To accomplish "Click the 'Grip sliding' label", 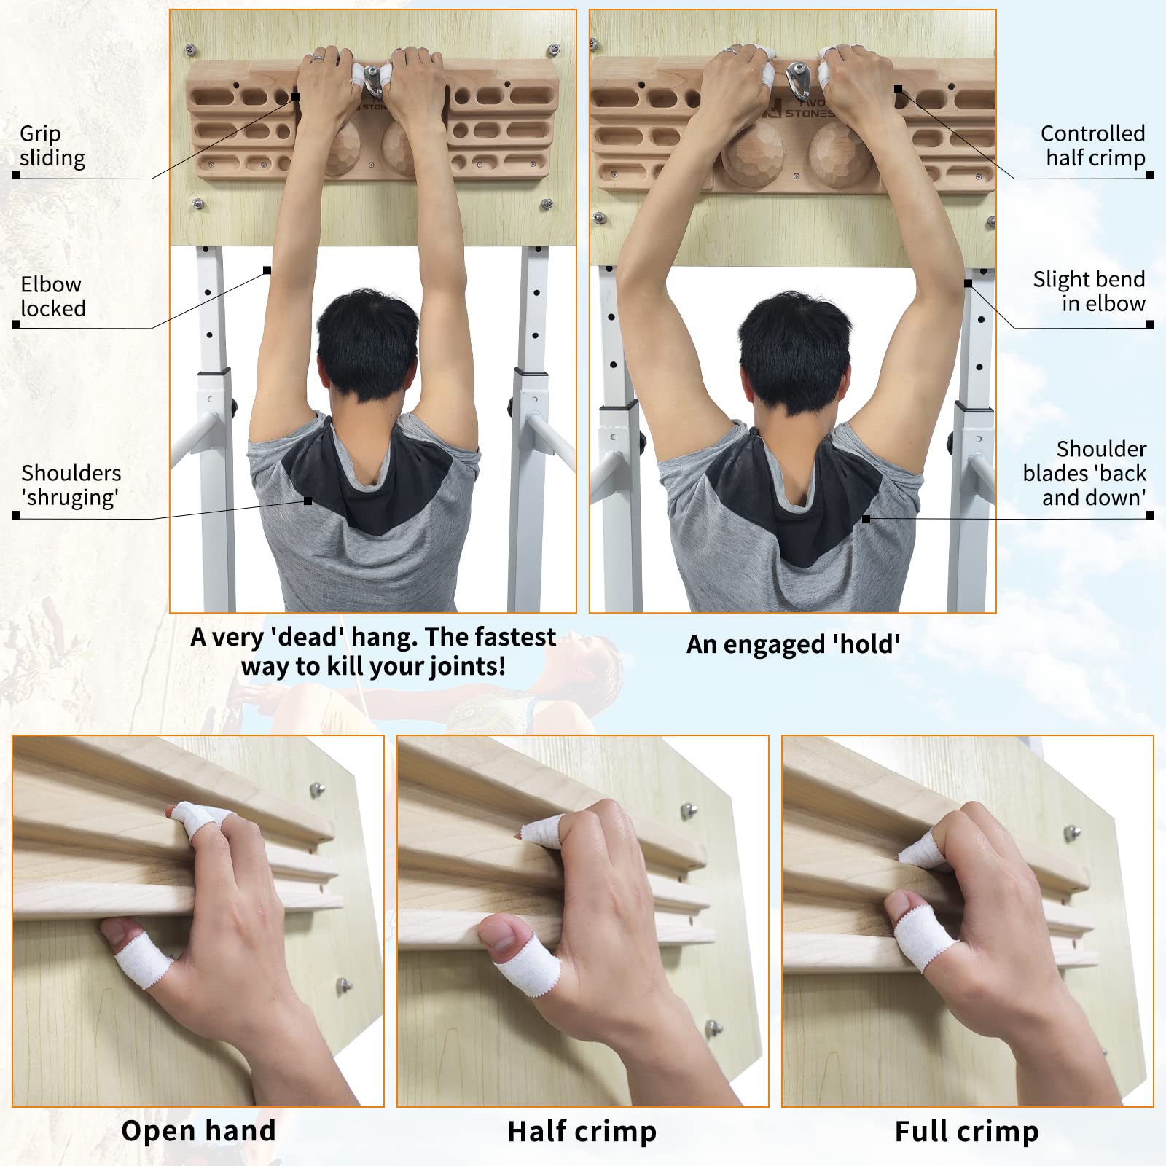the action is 52,146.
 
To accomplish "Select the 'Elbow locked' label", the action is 52,296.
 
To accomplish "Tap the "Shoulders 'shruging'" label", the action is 71,485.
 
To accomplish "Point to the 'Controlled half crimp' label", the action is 1092,145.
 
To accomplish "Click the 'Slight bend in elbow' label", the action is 1089,291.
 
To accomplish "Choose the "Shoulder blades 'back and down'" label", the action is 1084,473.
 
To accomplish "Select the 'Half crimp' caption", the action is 582,1131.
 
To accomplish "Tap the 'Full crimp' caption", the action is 966,1131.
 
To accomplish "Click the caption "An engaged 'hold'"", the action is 793,644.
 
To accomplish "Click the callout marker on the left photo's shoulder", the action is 308,501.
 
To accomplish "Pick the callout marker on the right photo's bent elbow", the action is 968,283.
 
